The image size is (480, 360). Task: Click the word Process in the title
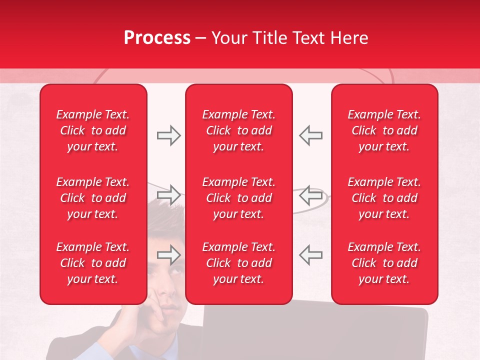pyautogui.click(x=157, y=38)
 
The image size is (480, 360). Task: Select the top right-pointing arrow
pyautogui.click(x=168, y=135)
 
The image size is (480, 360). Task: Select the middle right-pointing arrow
pyautogui.click(x=168, y=194)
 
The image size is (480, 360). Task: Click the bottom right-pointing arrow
pyautogui.click(x=168, y=255)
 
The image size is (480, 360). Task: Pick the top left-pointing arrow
pyautogui.click(x=310, y=135)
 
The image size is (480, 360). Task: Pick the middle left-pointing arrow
pyautogui.click(x=310, y=194)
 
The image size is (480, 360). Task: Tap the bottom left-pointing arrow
pyautogui.click(x=310, y=255)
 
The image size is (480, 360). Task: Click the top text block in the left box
pyautogui.click(x=93, y=130)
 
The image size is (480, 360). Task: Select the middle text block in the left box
pyautogui.click(x=93, y=198)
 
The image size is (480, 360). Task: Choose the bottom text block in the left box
pyautogui.click(x=93, y=263)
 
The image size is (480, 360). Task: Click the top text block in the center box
pyautogui.click(x=239, y=130)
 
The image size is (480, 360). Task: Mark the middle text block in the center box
pyautogui.click(x=239, y=198)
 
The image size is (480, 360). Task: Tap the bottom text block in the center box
pyautogui.click(x=239, y=263)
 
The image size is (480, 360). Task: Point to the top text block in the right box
pyautogui.click(x=384, y=130)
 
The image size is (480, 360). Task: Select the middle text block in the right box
pyautogui.click(x=384, y=198)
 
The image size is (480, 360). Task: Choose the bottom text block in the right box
pyautogui.click(x=384, y=263)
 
